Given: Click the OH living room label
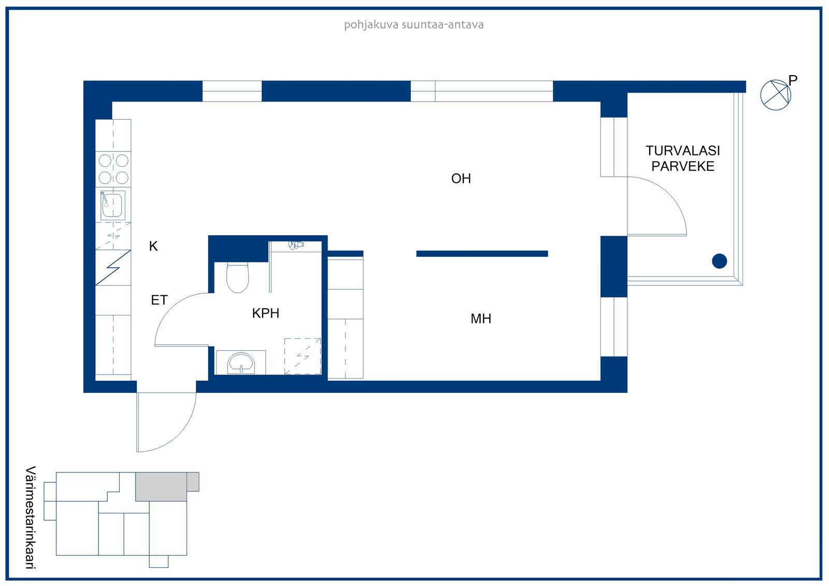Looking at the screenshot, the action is (x=461, y=178).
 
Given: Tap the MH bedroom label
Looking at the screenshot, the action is (x=481, y=318).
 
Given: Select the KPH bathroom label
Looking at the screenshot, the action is (x=265, y=313).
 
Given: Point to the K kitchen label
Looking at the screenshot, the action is (x=153, y=246).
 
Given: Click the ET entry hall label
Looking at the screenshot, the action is (x=159, y=300).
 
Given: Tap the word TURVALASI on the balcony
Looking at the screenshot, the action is (x=683, y=151).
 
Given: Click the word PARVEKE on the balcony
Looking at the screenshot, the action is (x=683, y=166).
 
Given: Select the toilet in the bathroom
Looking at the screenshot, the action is (x=237, y=277).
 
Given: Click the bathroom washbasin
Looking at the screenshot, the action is (x=241, y=363).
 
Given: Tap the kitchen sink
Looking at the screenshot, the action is (x=112, y=205).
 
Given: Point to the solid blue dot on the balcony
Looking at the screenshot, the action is (x=720, y=261).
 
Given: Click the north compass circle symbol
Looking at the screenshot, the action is (x=775, y=95).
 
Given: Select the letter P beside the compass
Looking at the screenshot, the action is (x=792, y=80).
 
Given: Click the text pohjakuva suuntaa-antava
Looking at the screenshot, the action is (x=414, y=25).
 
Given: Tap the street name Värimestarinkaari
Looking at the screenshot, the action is (x=31, y=518).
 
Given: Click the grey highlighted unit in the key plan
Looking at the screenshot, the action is (x=161, y=487).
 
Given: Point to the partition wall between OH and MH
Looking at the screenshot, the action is (x=482, y=253).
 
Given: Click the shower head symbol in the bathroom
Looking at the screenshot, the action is (x=296, y=245).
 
